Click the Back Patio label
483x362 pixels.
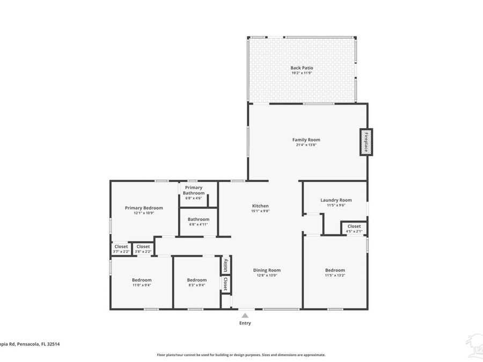pyautogui.click(x=302, y=68)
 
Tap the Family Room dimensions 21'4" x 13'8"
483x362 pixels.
pyautogui.click(x=306, y=145)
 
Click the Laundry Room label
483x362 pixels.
pyautogui.click(x=336, y=200)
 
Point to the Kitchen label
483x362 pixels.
pyautogui.click(x=260, y=206)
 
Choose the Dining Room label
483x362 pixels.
pyautogui.click(x=267, y=270)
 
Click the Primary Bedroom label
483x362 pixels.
pyautogui.click(x=144, y=208)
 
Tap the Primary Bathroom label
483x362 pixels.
pyautogui.click(x=194, y=190)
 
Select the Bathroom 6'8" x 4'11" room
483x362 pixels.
pyautogui.click(x=199, y=221)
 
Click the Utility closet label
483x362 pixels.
pyautogui.click(x=226, y=264)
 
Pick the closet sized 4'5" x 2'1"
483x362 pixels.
pyautogui.click(x=354, y=228)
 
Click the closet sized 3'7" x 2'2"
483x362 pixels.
pyautogui.click(x=121, y=249)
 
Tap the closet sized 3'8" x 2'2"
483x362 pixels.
pyautogui.click(x=143, y=249)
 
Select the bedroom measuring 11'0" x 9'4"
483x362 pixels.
pyautogui.click(x=142, y=282)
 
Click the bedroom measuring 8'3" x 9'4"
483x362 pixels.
pyautogui.click(x=196, y=282)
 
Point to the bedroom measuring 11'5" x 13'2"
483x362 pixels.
pyautogui.click(x=335, y=272)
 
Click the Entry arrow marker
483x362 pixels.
pyautogui.click(x=245, y=315)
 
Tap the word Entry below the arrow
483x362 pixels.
pyautogui.click(x=245, y=323)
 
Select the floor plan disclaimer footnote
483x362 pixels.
pyautogui.click(x=241, y=354)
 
